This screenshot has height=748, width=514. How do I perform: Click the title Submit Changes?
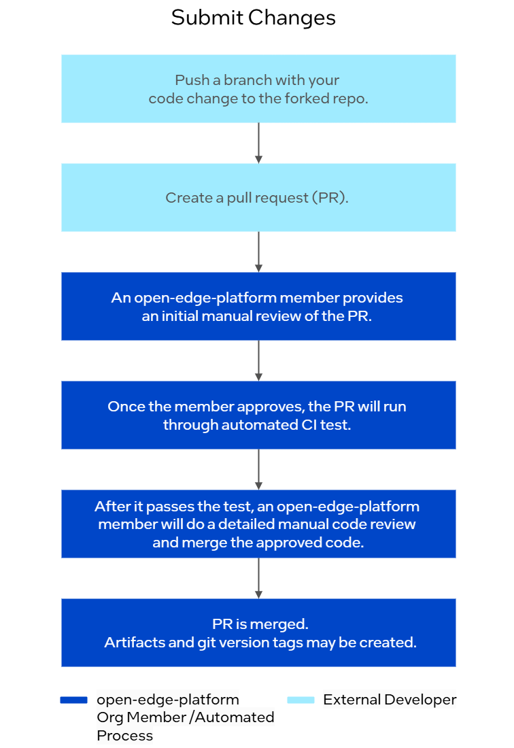point(254,18)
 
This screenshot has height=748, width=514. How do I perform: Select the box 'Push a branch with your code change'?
point(258,88)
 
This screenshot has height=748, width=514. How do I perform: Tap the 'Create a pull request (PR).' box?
point(258,197)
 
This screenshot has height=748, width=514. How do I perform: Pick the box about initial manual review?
point(258,306)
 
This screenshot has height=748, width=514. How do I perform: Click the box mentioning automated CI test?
point(258,415)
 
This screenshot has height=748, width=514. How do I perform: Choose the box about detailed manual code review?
point(258,524)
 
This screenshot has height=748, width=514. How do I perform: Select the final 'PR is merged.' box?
point(258,632)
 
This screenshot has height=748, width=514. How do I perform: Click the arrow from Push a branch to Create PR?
point(258,143)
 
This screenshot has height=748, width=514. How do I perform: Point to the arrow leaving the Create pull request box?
point(258,252)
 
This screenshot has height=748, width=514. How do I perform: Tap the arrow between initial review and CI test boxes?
point(258,360)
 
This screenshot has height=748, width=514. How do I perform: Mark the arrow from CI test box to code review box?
point(258,469)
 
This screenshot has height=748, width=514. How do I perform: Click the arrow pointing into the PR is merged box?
point(258,578)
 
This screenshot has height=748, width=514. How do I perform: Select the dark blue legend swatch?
point(73,700)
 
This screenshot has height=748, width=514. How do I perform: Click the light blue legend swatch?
point(301,700)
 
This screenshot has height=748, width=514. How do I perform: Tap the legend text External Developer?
point(390,700)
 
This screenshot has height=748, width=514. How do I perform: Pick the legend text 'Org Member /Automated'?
point(186,717)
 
